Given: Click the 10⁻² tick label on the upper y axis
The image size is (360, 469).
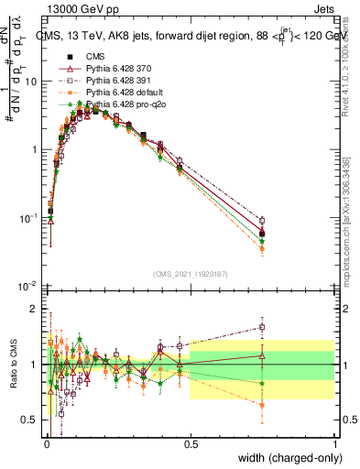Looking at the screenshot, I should click(27, 288).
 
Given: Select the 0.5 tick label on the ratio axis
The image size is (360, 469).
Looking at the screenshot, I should click(30, 420).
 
